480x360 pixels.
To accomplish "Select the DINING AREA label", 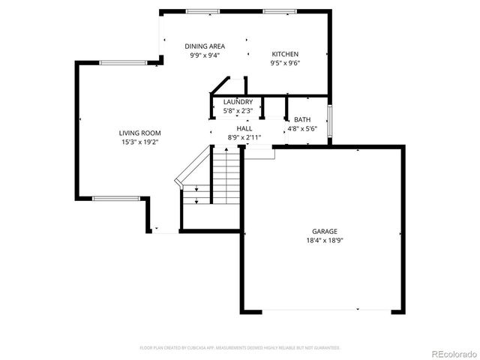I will (x=205, y=46).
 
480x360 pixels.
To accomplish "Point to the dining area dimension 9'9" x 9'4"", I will (x=205, y=55).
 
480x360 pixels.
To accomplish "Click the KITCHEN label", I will (x=285, y=55).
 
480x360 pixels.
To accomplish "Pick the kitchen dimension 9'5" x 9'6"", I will (x=285, y=63).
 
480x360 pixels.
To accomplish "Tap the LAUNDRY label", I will (x=238, y=102).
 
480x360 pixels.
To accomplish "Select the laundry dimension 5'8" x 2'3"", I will (x=238, y=111).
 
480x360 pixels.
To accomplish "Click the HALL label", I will (x=244, y=128).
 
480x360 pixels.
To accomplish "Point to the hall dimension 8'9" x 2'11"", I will (x=244, y=137).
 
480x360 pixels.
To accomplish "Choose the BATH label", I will (x=302, y=119).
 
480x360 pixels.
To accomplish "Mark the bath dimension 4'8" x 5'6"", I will (x=302, y=128).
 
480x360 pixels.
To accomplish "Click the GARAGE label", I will (x=325, y=232).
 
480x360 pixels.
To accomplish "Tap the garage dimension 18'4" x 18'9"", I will (x=325, y=241).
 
